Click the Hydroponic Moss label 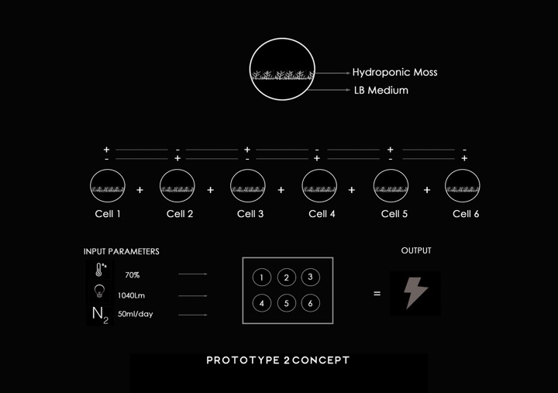point(394,72)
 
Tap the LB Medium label point(381,91)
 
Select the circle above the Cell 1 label point(108,186)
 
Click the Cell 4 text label point(322,214)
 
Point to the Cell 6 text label point(466,214)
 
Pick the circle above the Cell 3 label point(248,186)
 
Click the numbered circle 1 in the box point(262,278)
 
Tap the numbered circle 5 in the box point(286,303)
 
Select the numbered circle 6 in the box point(310,303)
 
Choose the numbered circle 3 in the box point(310,278)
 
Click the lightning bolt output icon point(416,293)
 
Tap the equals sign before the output point(377,294)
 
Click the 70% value point(133,275)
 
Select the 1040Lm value point(132,295)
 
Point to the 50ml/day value point(136,315)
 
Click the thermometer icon point(100,270)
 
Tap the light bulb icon point(99,291)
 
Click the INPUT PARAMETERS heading point(122,252)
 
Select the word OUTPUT point(416,251)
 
